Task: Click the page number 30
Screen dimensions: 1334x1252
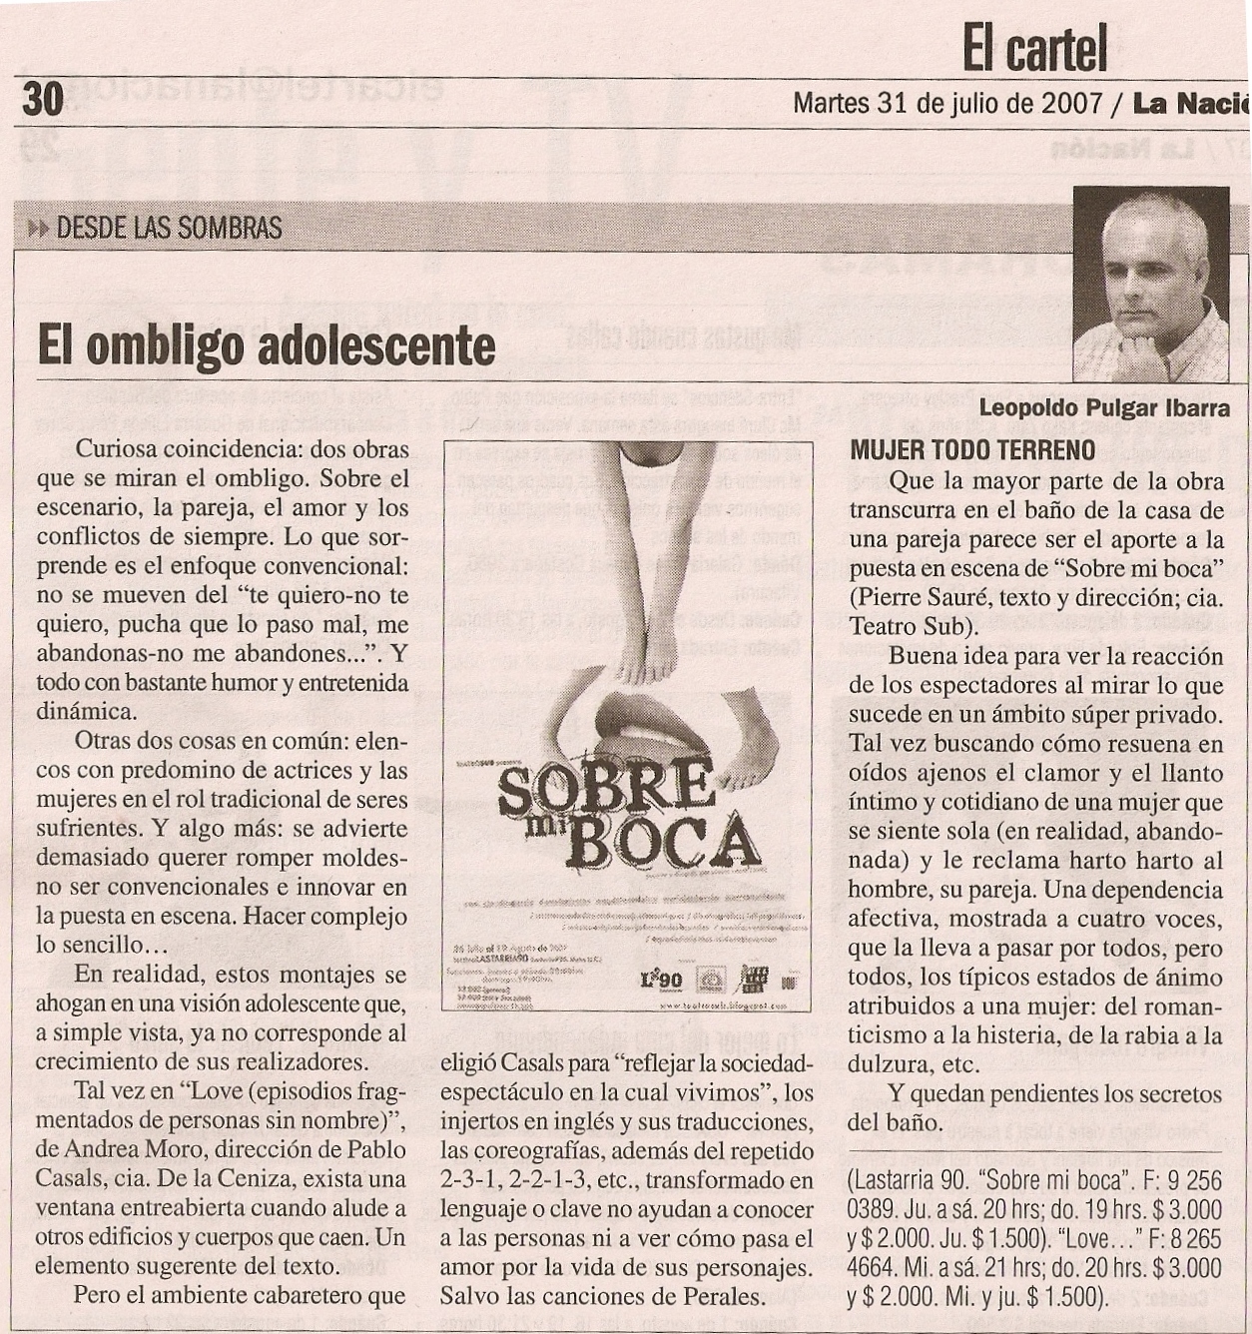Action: (43, 99)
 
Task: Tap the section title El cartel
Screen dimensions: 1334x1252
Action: (1034, 48)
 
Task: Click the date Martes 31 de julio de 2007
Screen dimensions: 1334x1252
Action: (947, 104)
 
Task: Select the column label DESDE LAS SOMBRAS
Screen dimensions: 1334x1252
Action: (169, 229)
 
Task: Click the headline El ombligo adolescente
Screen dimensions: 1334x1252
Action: (266, 346)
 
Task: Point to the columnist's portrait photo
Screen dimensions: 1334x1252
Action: (1150, 283)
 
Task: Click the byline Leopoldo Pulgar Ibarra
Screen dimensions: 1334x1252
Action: (1104, 408)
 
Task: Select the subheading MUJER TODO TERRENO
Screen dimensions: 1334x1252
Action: (972, 450)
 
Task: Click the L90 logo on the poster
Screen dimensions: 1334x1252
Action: (661, 980)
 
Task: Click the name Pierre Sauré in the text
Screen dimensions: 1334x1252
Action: (923, 598)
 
